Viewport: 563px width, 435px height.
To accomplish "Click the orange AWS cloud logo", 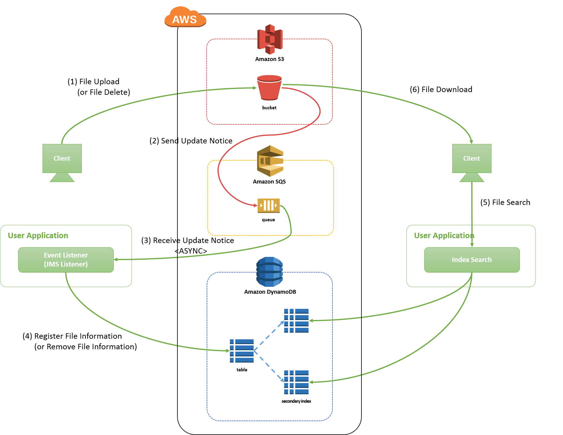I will [185, 18].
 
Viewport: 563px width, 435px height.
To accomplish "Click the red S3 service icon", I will [270, 39].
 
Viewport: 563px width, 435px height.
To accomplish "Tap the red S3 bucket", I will [269, 88].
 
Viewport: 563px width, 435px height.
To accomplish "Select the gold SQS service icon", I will [270, 161].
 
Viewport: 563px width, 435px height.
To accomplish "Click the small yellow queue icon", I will [269, 206].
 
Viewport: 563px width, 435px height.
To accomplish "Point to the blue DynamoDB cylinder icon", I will [269, 272].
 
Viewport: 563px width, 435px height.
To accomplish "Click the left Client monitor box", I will [62, 158].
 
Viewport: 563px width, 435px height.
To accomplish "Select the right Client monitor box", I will [472, 158].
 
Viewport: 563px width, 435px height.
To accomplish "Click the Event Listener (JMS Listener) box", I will [66, 260].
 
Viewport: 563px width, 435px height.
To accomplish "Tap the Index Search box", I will [472, 260].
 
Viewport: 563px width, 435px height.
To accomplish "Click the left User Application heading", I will [38, 235].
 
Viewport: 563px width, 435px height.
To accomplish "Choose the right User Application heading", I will [444, 235].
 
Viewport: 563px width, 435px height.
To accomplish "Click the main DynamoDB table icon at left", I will [242, 351].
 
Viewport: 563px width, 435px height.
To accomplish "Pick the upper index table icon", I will [296, 321].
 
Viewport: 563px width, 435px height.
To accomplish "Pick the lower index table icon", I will [296, 382].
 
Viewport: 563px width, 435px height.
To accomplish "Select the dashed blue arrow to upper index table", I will [269, 336].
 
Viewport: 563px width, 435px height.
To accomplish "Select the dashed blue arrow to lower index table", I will [269, 366].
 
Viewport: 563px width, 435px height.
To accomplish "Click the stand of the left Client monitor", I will [62, 178].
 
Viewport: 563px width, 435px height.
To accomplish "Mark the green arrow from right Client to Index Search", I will [472, 211].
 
